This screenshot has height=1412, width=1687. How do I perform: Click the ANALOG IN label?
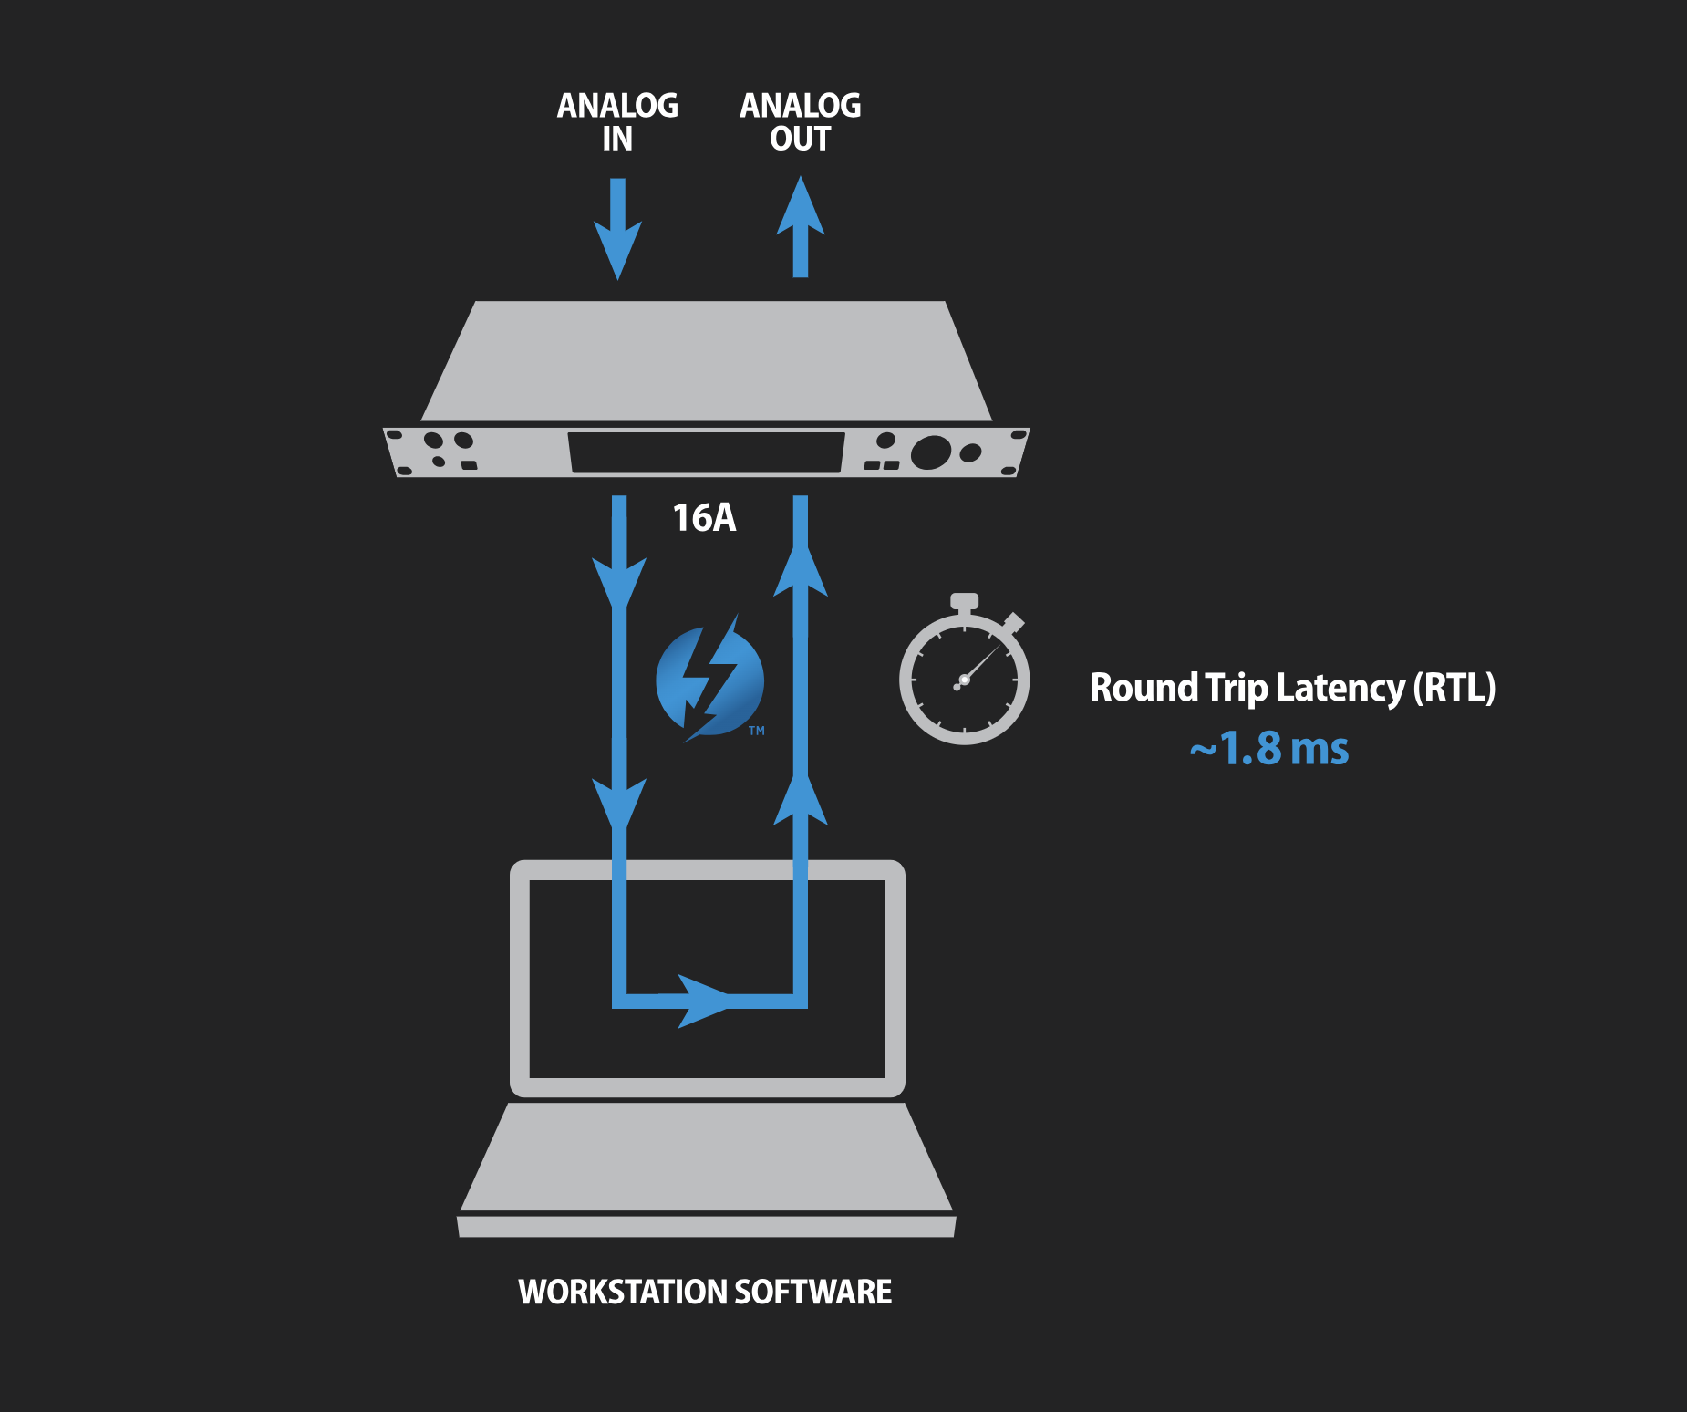(x=617, y=121)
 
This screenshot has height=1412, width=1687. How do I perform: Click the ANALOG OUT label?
(x=800, y=121)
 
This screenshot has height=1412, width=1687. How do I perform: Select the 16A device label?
(x=704, y=518)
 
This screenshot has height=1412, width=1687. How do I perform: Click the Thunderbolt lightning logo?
(x=709, y=680)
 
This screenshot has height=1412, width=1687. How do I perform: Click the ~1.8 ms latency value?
(x=1268, y=749)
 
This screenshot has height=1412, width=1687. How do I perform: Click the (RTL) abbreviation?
(x=1454, y=688)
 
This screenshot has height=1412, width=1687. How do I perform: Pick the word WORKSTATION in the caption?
(x=623, y=1292)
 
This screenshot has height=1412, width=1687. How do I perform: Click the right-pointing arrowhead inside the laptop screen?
(x=702, y=1001)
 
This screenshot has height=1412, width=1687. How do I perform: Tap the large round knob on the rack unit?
(x=930, y=452)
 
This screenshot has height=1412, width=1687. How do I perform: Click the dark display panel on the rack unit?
(x=707, y=452)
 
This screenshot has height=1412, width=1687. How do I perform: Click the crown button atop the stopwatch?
(x=964, y=601)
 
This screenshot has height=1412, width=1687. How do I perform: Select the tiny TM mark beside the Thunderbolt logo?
(x=757, y=731)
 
